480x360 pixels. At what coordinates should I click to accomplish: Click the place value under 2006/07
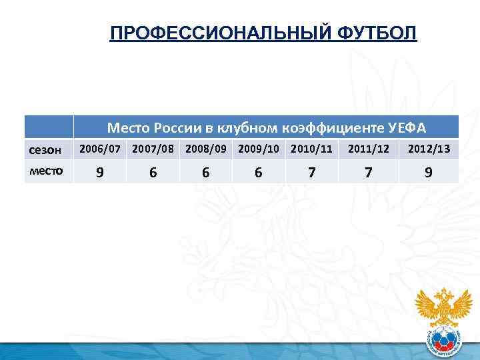tap(100, 172)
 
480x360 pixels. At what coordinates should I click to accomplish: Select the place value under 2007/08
tap(153, 172)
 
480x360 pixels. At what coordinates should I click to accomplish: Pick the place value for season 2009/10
tap(259, 172)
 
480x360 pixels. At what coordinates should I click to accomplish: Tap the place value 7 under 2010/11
tap(311, 172)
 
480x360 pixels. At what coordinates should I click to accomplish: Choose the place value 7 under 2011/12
tap(369, 172)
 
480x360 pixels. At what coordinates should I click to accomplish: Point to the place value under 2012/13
tap(429, 172)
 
